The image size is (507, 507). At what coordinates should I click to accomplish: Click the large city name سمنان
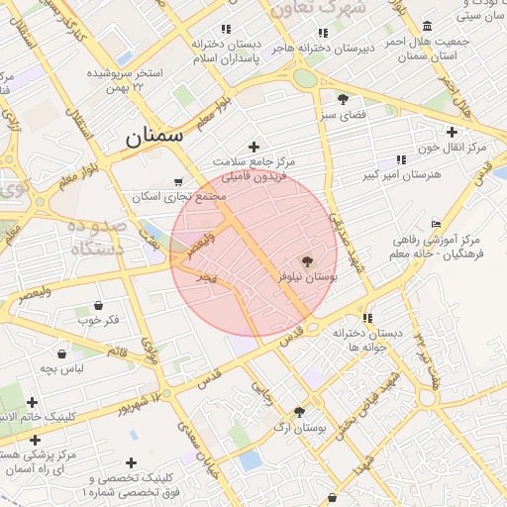tap(154, 138)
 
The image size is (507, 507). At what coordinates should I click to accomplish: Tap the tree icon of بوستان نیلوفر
tap(306, 261)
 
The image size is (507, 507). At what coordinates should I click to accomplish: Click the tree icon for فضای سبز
tap(343, 99)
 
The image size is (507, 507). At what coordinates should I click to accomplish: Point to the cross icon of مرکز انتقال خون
tap(452, 132)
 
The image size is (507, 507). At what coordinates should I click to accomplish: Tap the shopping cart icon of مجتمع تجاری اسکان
tap(177, 181)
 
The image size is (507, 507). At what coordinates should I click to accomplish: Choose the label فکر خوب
tap(98, 320)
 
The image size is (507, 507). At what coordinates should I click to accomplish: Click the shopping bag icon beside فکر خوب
tap(97, 305)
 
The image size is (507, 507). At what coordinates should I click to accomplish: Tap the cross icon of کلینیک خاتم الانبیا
tap(33, 402)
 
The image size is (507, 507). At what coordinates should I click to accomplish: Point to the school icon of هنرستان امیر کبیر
tap(401, 159)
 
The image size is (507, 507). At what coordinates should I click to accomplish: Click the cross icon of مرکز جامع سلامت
tap(253, 147)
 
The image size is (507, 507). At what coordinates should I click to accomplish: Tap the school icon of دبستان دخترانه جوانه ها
tap(367, 318)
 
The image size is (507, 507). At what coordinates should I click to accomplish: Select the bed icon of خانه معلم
tap(437, 225)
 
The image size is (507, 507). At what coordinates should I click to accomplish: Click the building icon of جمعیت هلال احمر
tap(427, 26)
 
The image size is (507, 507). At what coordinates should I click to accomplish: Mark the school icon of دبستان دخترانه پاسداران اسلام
tap(227, 30)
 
